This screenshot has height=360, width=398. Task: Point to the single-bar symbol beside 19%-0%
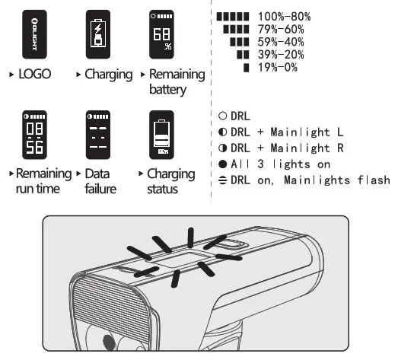click(x=246, y=68)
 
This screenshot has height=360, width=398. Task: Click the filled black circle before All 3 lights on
click(x=222, y=164)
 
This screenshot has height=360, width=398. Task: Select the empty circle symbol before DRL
click(x=222, y=116)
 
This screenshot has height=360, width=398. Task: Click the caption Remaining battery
click(x=177, y=81)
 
